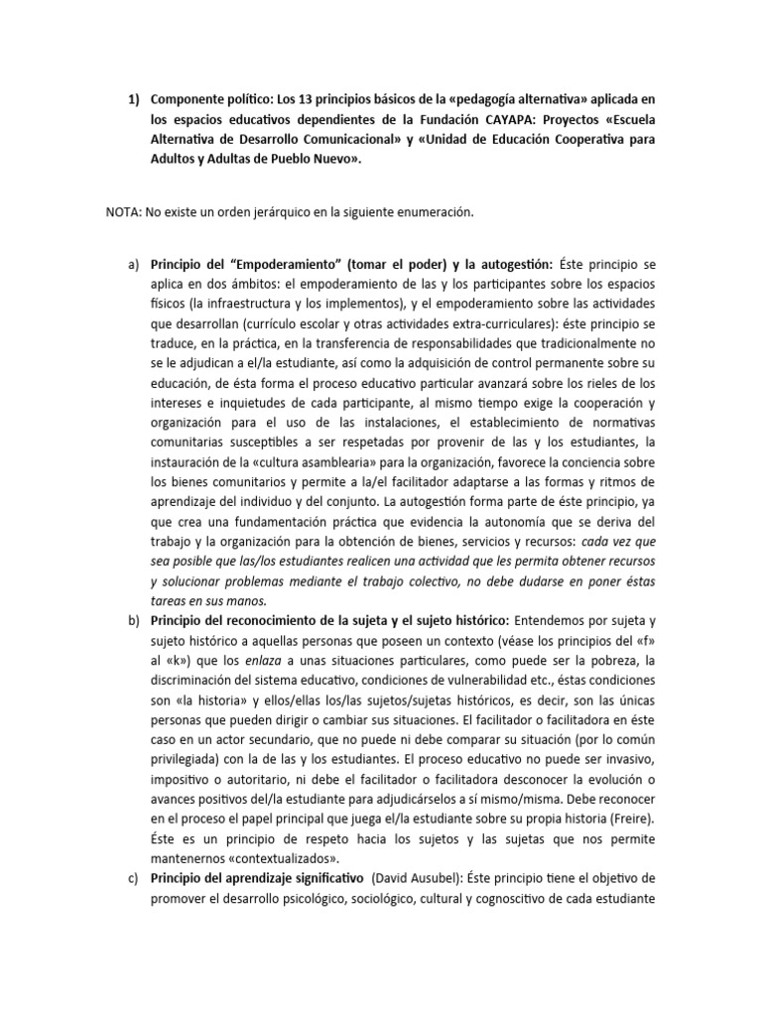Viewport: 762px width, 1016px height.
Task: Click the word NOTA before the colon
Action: [x=123, y=212]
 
